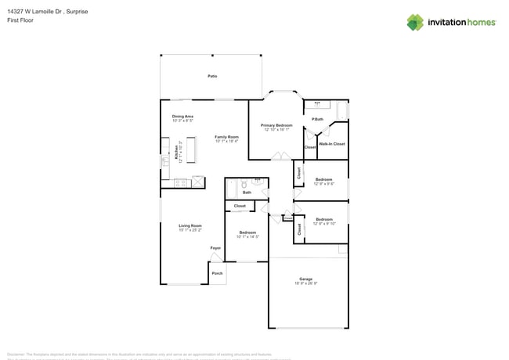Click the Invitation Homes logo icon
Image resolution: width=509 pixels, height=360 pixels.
click(x=415, y=22)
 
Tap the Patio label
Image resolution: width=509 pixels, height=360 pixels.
click(x=212, y=76)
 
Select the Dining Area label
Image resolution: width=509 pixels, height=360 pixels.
click(x=182, y=116)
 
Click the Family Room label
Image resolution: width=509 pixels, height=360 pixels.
click(x=226, y=136)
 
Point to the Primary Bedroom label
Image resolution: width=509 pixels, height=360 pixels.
click(x=276, y=125)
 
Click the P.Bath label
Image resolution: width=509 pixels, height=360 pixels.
click(x=317, y=119)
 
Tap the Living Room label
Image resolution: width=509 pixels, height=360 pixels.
click(x=190, y=225)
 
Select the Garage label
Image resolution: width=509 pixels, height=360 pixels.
click(x=305, y=279)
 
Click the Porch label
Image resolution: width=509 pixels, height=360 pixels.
click(x=218, y=273)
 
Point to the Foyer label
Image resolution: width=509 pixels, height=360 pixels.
click(x=215, y=248)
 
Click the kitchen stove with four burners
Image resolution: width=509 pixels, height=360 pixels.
click(x=180, y=183)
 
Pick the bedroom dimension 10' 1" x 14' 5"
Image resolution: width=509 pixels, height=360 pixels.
click(x=247, y=236)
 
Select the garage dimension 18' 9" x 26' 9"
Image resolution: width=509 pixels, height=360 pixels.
click(x=305, y=283)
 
